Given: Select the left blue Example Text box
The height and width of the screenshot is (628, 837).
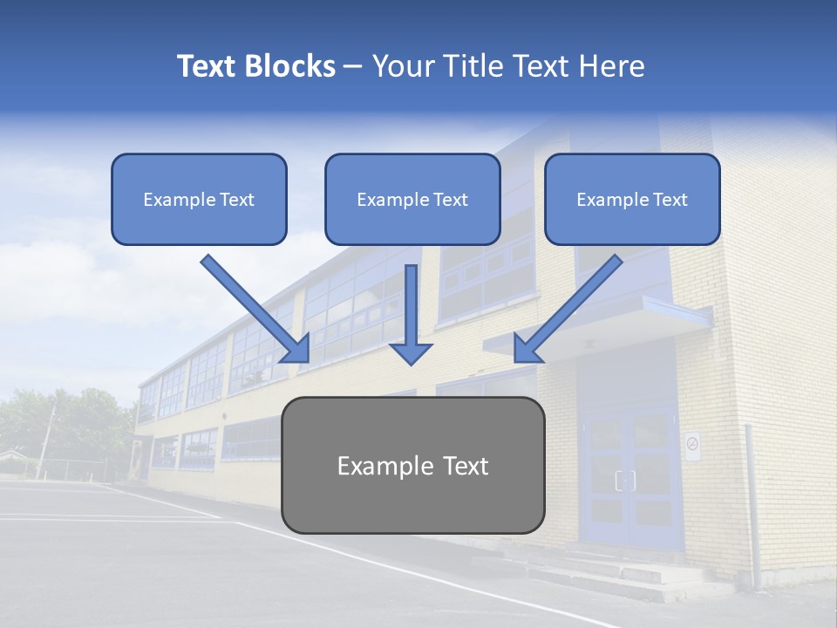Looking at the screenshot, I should (x=199, y=199).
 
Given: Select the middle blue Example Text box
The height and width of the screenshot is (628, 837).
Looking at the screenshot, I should (x=412, y=199).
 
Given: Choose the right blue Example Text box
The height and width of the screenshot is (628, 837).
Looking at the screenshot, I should (x=632, y=199).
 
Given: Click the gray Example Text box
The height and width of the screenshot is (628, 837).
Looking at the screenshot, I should (x=412, y=465).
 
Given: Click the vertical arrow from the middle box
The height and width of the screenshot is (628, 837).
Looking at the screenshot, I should (x=411, y=314).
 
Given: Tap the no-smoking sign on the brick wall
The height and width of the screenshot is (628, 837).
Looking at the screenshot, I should (x=692, y=446).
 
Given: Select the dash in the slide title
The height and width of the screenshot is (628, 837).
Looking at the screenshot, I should (x=353, y=66).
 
